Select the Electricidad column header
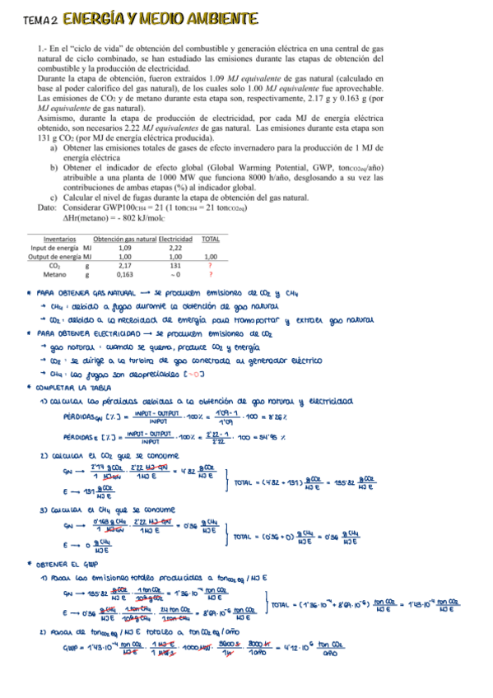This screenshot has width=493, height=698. tap(175, 239)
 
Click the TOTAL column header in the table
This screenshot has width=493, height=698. tap(211, 239)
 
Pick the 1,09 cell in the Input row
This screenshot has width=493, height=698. tap(125, 247)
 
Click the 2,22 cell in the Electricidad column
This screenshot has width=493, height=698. tap(175, 247)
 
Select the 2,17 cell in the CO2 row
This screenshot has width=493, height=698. tap(125, 266)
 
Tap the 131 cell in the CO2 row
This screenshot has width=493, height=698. tap(175, 266)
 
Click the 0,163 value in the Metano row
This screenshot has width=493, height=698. tap(125, 275)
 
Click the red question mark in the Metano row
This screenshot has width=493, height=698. tap(211, 275)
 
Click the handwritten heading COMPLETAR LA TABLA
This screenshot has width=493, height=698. tap(73, 386)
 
